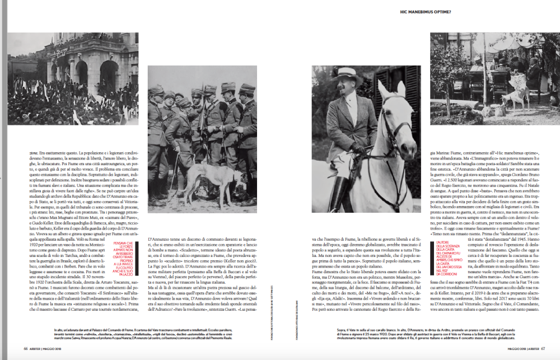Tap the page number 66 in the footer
tap(26, 348)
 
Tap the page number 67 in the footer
tap(543, 348)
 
